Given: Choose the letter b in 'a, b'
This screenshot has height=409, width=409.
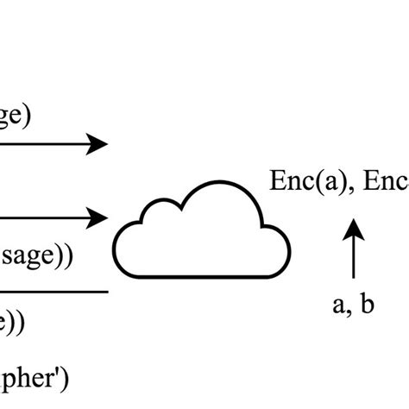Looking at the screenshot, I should [x=367, y=304].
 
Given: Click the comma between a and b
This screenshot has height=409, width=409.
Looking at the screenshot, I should [x=349, y=311].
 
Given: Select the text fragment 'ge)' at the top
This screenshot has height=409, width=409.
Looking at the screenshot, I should [x=16, y=115].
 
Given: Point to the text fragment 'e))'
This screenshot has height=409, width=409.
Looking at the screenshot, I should [x=12, y=322].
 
